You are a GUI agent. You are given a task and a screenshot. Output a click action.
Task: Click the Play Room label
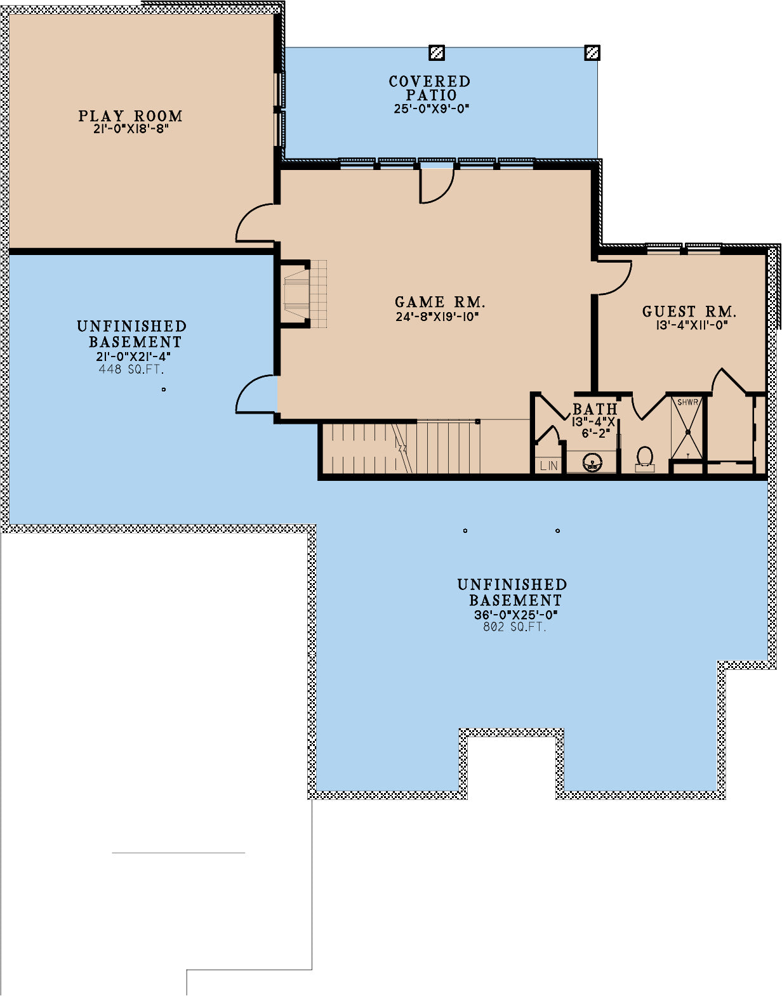[131, 116]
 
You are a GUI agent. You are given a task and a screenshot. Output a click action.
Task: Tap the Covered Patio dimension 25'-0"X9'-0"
[432, 108]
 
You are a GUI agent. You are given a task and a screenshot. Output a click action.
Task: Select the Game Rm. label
[440, 302]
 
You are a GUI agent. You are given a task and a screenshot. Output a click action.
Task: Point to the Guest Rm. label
[689, 311]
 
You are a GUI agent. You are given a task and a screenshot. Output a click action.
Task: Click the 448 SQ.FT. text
[131, 369]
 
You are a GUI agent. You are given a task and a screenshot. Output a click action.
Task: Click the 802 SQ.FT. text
[515, 627]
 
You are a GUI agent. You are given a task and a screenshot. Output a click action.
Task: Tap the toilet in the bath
[645, 459]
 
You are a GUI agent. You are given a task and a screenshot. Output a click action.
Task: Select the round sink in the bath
[593, 462]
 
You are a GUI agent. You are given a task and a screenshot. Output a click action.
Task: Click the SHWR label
[687, 402]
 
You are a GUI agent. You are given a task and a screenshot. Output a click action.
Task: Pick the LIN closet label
[548, 466]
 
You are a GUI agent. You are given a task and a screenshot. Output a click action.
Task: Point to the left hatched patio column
[436, 53]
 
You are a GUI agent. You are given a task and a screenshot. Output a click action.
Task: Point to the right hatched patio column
[592, 53]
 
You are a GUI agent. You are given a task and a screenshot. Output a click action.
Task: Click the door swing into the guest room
[614, 278]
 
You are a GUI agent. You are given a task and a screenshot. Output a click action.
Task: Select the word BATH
[595, 409]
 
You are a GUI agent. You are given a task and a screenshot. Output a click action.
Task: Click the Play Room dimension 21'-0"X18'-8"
[131, 129]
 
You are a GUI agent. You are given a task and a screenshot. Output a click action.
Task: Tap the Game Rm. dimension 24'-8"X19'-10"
[437, 317]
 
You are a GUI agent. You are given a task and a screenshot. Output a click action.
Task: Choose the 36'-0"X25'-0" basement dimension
[515, 615]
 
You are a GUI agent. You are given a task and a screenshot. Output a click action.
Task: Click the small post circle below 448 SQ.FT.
[164, 390]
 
